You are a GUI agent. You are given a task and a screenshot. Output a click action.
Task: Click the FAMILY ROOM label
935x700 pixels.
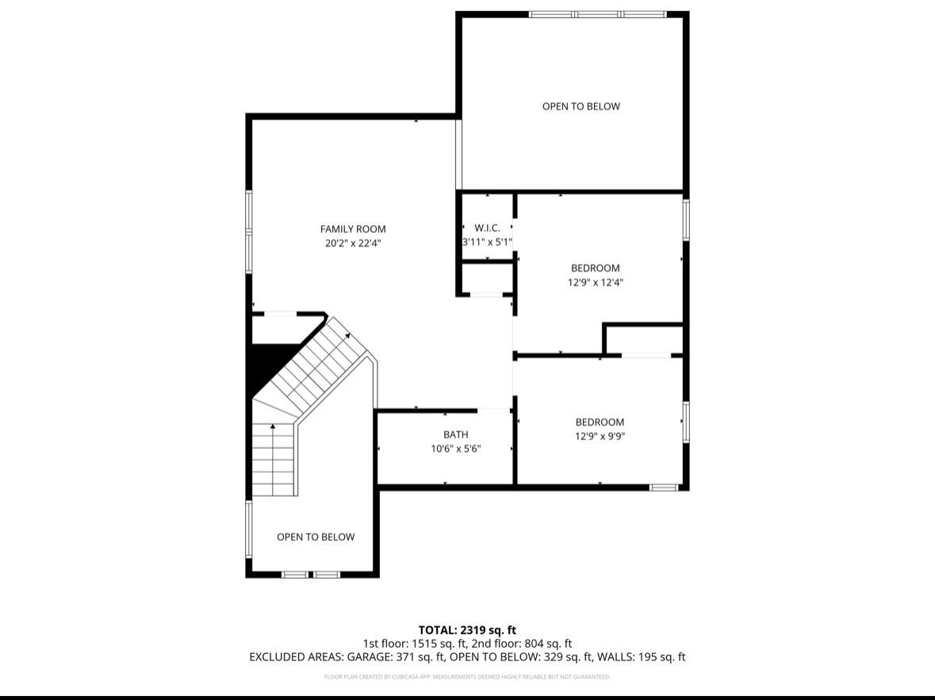click(353, 229)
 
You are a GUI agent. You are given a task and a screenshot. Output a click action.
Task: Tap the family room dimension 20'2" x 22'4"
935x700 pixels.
click(353, 244)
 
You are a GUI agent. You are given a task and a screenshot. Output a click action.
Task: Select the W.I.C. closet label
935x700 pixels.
click(487, 228)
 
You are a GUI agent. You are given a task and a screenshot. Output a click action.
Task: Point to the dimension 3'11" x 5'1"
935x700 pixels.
click(487, 243)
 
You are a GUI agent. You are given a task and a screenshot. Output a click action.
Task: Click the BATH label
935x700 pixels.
click(455, 434)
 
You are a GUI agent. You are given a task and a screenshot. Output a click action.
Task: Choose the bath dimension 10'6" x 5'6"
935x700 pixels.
click(455, 449)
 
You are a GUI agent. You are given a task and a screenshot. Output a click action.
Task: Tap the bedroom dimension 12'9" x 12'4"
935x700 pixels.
click(596, 282)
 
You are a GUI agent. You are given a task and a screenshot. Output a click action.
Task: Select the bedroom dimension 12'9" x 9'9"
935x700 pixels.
click(600, 436)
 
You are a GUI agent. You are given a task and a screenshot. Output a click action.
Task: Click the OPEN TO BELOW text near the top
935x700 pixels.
click(581, 106)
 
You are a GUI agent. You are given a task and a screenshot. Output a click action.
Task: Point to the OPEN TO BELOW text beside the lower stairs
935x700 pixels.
click(316, 537)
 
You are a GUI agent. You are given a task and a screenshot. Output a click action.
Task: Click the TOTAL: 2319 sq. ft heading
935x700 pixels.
click(467, 630)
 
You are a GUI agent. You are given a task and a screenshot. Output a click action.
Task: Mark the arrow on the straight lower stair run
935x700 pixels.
click(274, 427)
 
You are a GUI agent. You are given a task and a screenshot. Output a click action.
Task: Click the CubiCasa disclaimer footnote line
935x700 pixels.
click(467, 677)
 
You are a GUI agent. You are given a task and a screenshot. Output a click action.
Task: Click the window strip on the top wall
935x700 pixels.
click(598, 14)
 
